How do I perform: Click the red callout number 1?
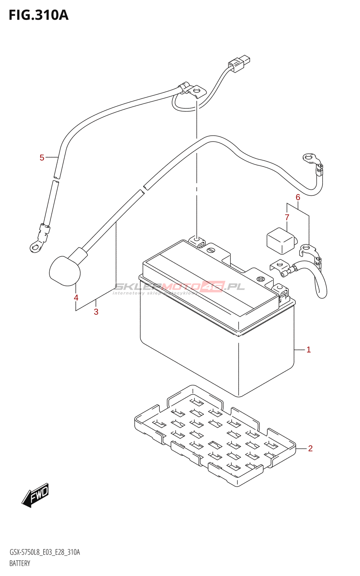pyautogui.click(x=309, y=350)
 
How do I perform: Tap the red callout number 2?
pyautogui.click(x=310, y=448)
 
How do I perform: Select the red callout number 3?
pyautogui.click(x=96, y=312)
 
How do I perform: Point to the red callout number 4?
pyautogui.click(x=76, y=298)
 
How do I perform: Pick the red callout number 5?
pyautogui.click(x=42, y=157)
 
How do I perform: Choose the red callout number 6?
pyautogui.click(x=298, y=197)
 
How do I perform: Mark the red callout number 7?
pyautogui.click(x=287, y=217)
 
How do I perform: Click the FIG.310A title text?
pyautogui.click(x=39, y=15)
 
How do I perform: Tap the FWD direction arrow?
pyautogui.click(x=35, y=495)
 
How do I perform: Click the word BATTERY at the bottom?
pyautogui.click(x=20, y=563)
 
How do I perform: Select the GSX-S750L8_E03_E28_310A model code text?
pyautogui.click(x=45, y=552)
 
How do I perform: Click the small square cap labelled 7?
pyautogui.click(x=280, y=240)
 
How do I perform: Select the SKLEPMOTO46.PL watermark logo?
pyautogui.click(x=179, y=287)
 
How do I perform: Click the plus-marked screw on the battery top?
pyautogui.click(x=260, y=279)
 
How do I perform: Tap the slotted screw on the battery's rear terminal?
pyautogui.click(x=211, y=249)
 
